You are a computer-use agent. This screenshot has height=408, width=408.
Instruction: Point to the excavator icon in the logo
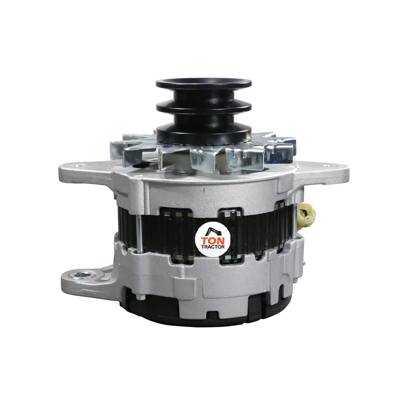point(213,231)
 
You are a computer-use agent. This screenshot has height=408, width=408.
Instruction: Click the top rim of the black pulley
point(203,81)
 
